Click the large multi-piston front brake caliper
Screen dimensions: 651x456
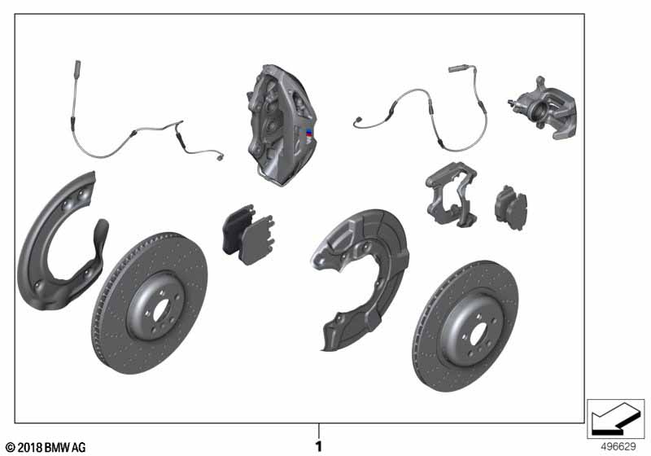[x=279, y=125]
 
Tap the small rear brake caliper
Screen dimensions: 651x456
[x=544, y=108]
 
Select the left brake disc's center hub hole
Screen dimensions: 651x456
[x=161, y=310]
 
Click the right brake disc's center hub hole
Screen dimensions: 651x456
[x=478, y=334]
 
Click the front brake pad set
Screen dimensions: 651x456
[x=249, y=235]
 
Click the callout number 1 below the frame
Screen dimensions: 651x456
[x=318, y=446]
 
